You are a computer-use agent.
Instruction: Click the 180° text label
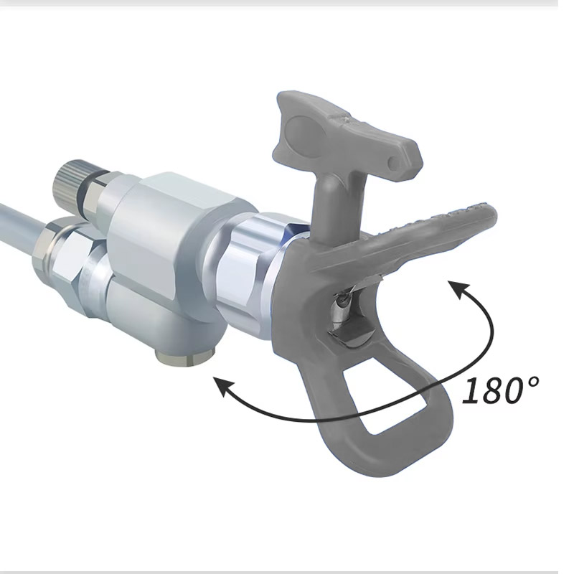point(500,390)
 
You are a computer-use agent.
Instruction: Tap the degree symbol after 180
point(532,382)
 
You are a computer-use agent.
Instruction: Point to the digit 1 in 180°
point(471,391)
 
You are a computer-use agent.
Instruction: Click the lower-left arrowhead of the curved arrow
point(222,387)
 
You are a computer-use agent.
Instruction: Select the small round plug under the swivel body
point(184,356)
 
